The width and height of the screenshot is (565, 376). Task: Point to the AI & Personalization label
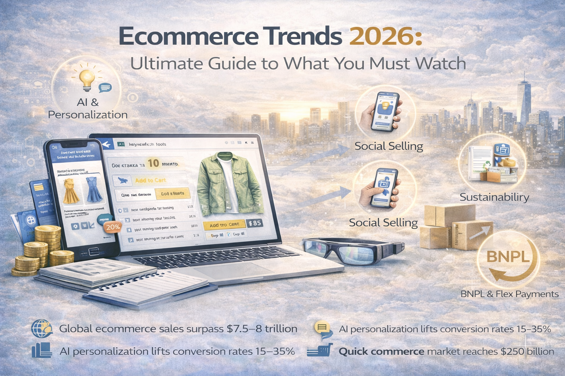click(x=88, y=108)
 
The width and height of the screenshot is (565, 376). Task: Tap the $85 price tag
click(x=255, y=223)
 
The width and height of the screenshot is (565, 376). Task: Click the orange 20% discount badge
click(x=113, y=227)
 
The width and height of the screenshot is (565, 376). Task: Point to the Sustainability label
click(x=494, y=197)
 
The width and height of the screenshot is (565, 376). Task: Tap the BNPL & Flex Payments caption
click(x=509, y=294)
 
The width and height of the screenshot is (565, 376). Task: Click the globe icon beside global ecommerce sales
click(x=42, y=328)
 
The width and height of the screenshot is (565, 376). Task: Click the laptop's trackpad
click(x=235, y=272)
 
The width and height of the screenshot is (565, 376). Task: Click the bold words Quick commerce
click(x=381, y=351)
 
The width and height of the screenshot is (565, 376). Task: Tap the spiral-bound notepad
click(x=147, y=288)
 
